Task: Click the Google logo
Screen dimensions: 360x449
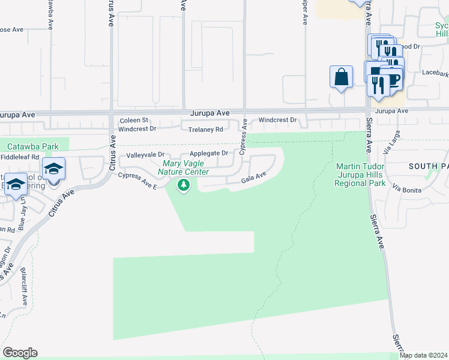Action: pyautogui.click(x=20, y=353)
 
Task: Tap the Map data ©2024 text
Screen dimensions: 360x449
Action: pyautogui.click(x=424, y=355)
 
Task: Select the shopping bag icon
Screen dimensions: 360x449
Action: pyautogui.click(x=341, y=77)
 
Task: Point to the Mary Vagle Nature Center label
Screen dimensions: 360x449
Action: pyautogui.click(x=185, y=167)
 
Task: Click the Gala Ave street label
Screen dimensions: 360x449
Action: pyautogui.click(x=253, y=178)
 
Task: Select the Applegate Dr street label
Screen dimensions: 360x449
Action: pyautogui.click(x=208, y=154)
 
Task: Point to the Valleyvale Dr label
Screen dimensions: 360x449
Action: pyautogui.click(x=141, y=155)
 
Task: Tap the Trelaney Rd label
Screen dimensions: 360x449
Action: pyautogui.click(x=205, y=129)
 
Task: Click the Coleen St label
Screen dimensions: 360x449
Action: pyautogui.click(x=133, y=120)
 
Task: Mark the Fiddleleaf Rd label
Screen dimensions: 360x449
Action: pyautogui.click(x=19, y=157)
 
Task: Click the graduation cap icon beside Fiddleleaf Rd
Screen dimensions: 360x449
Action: pyautogui.click(x=53, y=170)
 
